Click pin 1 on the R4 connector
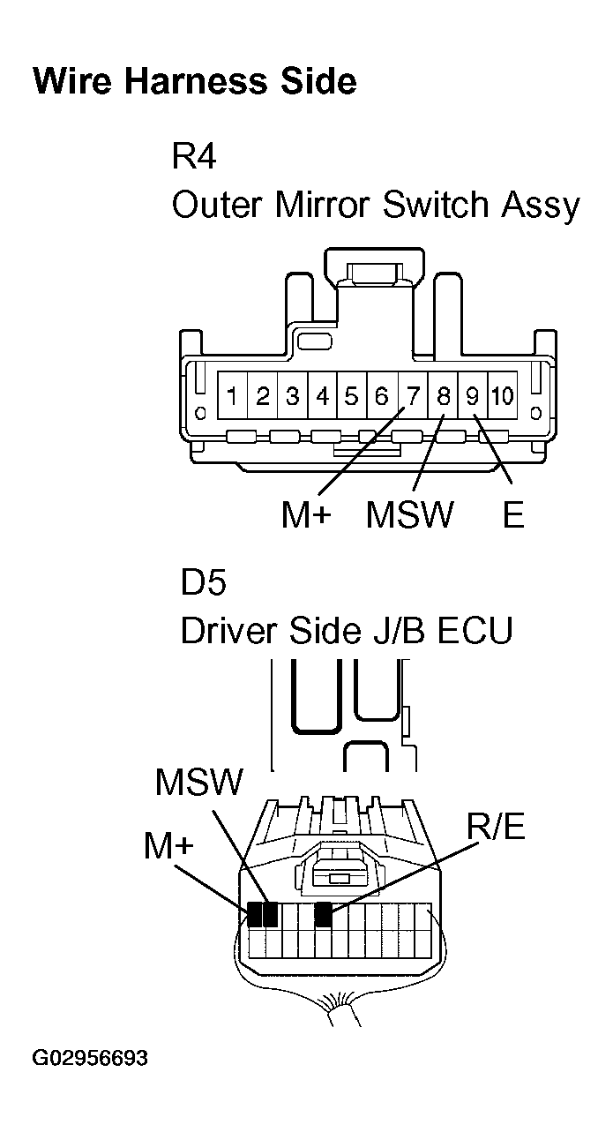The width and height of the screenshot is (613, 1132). click(232, 396)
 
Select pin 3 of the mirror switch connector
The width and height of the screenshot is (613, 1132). click(293, 396)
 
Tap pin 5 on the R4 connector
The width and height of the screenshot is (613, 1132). click(352, 396)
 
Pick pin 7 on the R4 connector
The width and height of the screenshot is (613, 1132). click(412, 396)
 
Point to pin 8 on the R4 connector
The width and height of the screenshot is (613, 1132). click(444, 396)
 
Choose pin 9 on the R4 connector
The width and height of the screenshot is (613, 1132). click(473, 396)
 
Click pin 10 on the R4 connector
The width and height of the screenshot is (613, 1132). click(503, 396)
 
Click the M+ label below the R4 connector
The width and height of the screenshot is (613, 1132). click(305, 514)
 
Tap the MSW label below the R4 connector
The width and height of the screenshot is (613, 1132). click(409, 514)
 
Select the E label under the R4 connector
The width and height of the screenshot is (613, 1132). click(513, 514)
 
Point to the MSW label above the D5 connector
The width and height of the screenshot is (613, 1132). click(198, 782)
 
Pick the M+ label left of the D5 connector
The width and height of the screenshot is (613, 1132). click(168, 847)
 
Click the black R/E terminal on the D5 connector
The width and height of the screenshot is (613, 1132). click(323, 915)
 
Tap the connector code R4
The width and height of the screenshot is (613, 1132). click(194, 157)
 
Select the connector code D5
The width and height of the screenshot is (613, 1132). click(204, 583)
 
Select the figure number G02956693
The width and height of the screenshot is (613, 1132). click(90, 1058)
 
